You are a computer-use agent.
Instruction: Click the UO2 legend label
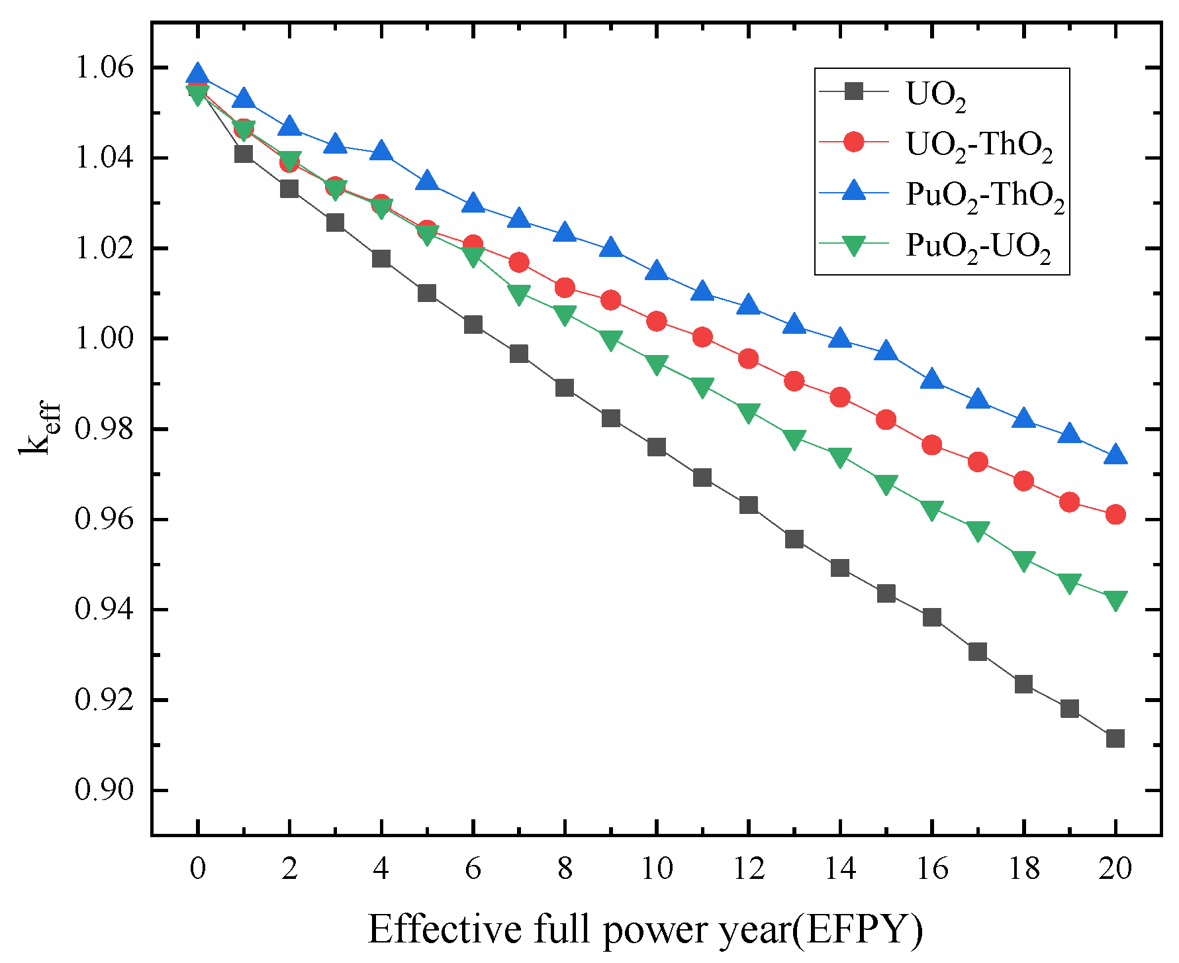[935, 95]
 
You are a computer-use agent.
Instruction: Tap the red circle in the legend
[854, 142]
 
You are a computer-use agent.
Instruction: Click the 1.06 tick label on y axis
[105, 68]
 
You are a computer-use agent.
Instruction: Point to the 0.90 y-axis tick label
[105, 790]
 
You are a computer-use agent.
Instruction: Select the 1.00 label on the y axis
[105, 338]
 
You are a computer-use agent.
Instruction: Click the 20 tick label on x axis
[1115, 868]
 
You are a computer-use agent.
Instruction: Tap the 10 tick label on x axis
[656, 868]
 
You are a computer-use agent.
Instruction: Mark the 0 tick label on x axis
[197, 868]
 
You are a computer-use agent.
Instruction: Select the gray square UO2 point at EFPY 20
[1115, 738]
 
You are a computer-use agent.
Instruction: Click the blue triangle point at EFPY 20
[1115, 454]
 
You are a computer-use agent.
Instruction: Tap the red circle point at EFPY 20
[1115, 514]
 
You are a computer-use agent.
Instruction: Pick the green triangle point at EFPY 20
[1115, 600]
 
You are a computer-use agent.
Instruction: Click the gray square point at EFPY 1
[244, 154]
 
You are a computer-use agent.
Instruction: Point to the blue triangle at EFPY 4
[381, 151]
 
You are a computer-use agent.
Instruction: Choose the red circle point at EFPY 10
[656, 321]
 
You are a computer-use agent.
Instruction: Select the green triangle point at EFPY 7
[519, 293]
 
